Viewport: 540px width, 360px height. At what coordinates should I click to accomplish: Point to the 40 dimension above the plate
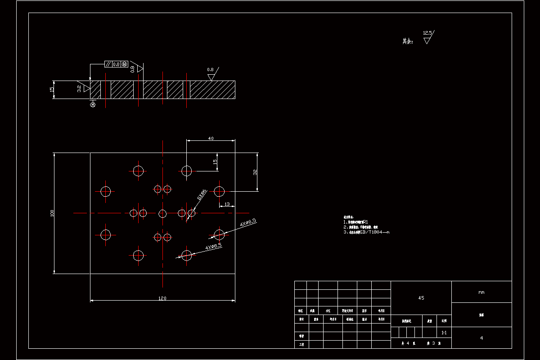click(x=211, y=139)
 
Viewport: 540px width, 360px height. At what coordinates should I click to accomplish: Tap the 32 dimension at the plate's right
click(x=255, y=172)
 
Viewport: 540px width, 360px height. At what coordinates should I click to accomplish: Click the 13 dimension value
click(x=226, y=204)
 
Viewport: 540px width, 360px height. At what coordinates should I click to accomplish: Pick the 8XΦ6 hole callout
click(x=202, y=194)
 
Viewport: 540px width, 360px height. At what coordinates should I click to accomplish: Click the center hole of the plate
click(x=162, y=213)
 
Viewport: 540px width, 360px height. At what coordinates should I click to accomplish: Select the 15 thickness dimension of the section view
click(x=52, y=90)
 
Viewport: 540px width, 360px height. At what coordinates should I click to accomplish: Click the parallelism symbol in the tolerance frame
click(x=108, y=64)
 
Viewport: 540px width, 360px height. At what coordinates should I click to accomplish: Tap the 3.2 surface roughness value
click(x=79, y=89)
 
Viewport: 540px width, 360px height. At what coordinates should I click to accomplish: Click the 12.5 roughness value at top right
click(x=427, y=33)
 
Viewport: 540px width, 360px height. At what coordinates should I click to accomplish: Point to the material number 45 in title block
click(x=421, y=298)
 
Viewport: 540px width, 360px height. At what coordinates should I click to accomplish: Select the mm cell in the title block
click(x=481, y=292)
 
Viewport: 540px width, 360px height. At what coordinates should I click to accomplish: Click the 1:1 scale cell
click(x=444, y=333)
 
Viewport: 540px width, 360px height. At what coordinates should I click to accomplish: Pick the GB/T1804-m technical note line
click(x=366, y=232)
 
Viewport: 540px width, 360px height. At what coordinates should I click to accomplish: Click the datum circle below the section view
click(x=93, y=105)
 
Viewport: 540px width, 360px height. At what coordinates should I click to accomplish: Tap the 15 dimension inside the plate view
click(x=215, y=161)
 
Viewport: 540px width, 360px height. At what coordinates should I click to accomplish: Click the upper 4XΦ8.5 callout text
click(x=248, y=222)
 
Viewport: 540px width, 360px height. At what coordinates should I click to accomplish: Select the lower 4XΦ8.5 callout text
click(x=213, y=247)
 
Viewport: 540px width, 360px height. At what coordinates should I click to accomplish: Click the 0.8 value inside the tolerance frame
click(x=116, y=64)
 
